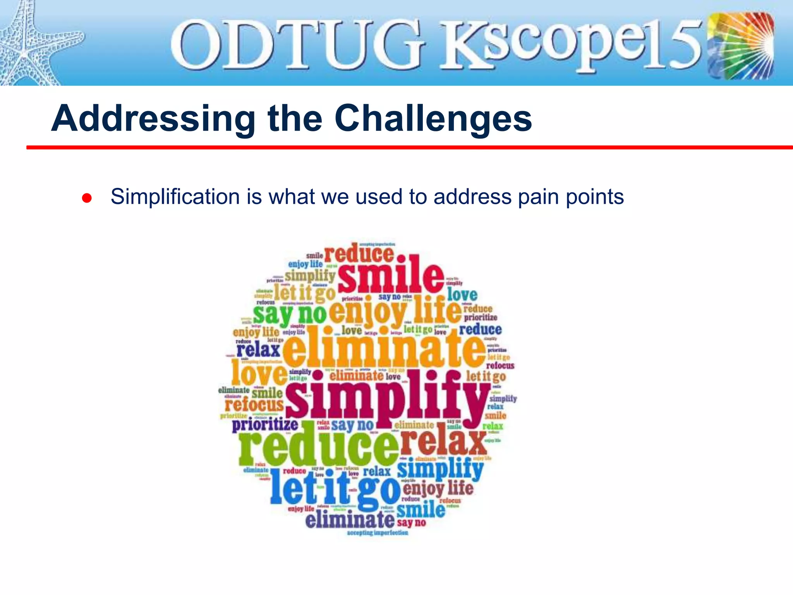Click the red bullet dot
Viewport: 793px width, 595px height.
coord(87,198)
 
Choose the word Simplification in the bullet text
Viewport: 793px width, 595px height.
coord(175,197)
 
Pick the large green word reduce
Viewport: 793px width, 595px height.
coord(318,445)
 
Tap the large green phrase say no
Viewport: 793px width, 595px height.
coord(290,314)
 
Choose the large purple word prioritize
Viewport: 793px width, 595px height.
coord(265,425)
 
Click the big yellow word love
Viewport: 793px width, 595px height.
coord(259,373)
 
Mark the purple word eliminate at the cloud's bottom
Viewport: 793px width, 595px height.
coord(350,519)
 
